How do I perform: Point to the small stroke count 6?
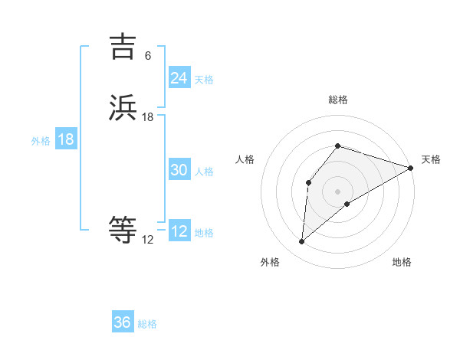(148, 55)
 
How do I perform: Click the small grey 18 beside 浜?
(148, 117)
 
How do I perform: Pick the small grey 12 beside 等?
(147, 240)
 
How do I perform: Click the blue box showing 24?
(179, 78)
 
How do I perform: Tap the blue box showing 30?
(179, 170)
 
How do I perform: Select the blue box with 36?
(123, 322)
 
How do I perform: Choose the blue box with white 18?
(66, 139)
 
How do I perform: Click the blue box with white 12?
(179, 231)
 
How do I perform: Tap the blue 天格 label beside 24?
(204, 80)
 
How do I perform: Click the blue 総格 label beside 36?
(147, 324)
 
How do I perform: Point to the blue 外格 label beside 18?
(41, 141)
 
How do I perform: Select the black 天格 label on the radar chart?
(431, 159)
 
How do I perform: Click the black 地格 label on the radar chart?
(402, 262)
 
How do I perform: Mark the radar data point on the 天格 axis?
(411, 168)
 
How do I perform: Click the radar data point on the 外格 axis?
(301, 242)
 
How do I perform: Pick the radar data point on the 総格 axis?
(337, 146)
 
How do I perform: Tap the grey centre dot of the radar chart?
(337, 191)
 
